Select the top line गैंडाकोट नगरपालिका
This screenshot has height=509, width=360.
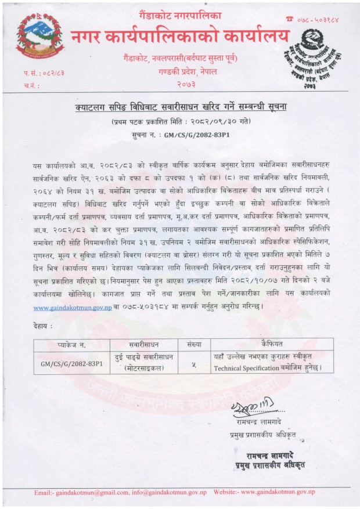click(178, 12)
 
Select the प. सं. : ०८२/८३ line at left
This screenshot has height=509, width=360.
click(39, 75)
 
